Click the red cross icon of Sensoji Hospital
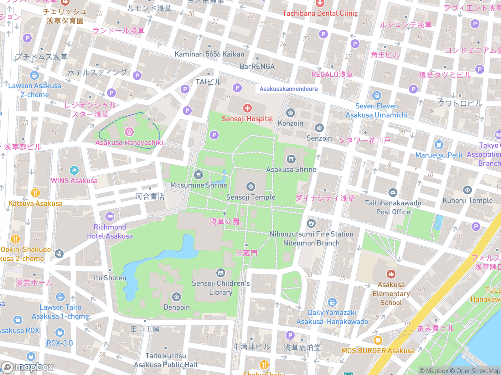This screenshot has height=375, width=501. pos(247,108)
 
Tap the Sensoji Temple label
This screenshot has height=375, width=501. pos(250,197)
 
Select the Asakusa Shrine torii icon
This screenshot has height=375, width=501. pos(291,159)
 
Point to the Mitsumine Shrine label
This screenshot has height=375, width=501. pos(199,185)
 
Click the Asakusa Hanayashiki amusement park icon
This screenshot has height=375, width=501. pos(129,132)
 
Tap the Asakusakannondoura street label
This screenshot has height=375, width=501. pos(288,89)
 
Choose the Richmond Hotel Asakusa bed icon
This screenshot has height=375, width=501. pos(110,216)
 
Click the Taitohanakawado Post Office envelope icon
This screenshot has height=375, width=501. pos(393,192)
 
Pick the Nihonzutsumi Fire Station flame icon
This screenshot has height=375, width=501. pos(311,223)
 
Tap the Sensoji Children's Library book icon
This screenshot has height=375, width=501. pos(220,273)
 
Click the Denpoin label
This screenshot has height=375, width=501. pos(177,307)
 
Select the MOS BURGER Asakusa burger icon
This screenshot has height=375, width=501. pos(378,340)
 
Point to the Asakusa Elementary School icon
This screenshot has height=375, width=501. pos(391,274)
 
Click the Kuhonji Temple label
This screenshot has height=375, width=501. pos(467,200)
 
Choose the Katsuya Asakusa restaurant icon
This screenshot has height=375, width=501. pos(35,193)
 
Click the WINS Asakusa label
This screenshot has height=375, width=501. pos(74,181)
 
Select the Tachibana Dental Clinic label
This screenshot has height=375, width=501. pos(320,13)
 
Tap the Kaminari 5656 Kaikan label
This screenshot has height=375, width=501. pos(209,54)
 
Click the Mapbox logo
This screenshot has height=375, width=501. pos(28,367)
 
